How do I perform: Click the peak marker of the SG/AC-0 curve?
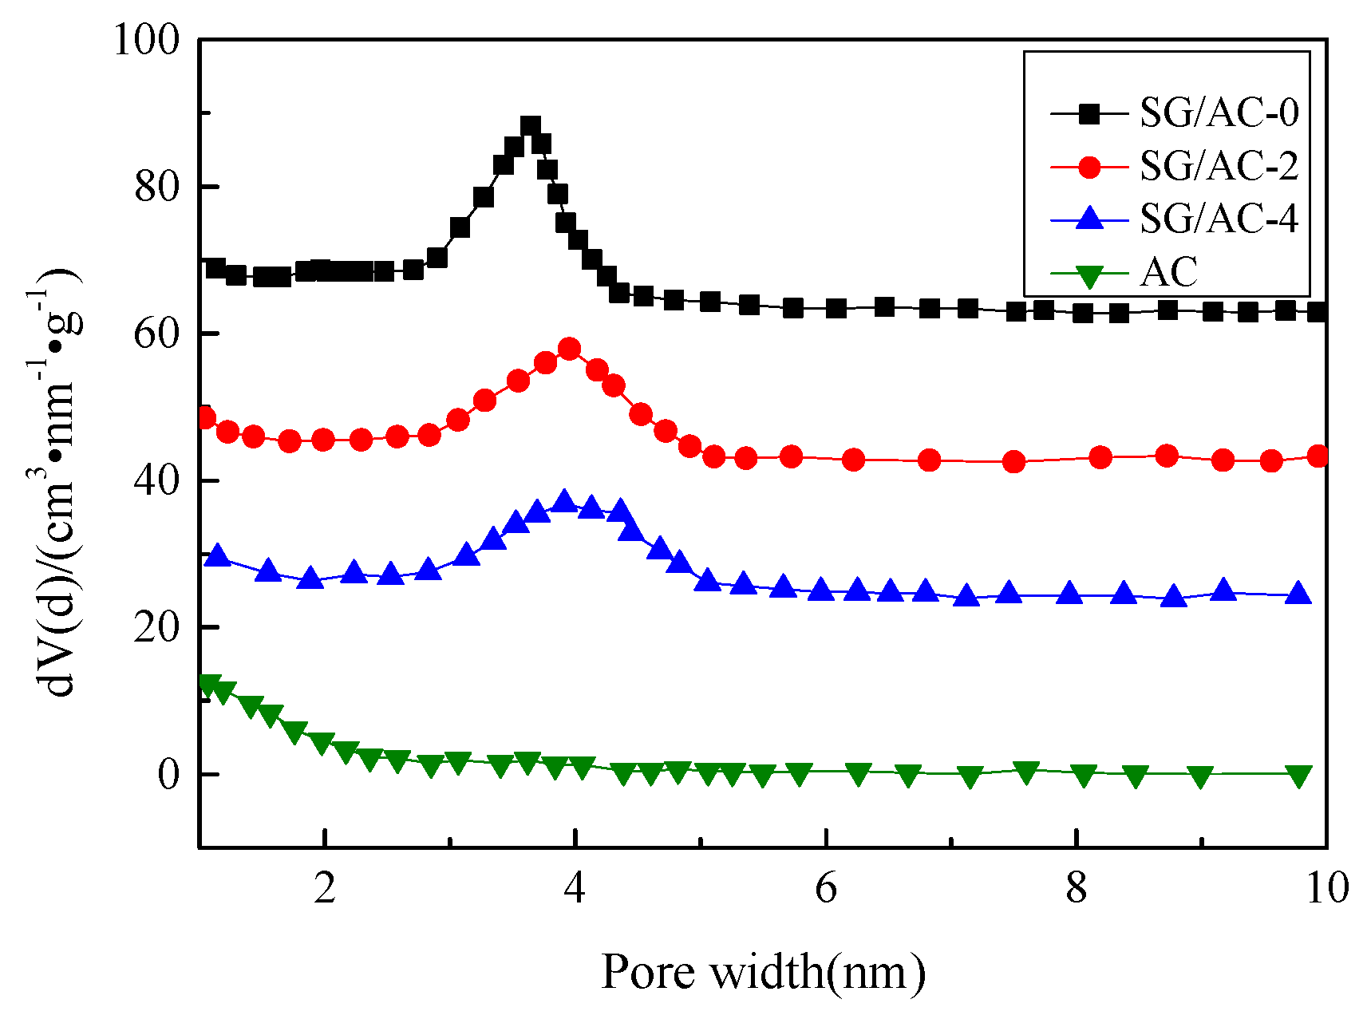coord(531,126)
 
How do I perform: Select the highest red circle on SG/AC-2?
coord(569,349)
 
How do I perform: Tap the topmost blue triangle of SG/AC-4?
coord(565,501)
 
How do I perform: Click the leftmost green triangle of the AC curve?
coord(208,685)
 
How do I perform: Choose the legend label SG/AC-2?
coord(1219,166)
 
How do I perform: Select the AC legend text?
coord(1169,272)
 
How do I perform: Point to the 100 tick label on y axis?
coord(147,40)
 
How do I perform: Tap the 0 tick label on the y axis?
coord(168,775)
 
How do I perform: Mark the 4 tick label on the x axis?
coord(575,888)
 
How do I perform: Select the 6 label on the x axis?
coord(826,888)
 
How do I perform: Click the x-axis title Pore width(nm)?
coord(763,972)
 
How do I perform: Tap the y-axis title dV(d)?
coord(60,487)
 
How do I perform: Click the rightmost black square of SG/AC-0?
coord(1318,312)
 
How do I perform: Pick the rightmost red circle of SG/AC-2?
coord(1318,456)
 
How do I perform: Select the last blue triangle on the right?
coord(1299,594)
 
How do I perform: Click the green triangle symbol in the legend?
coord(1089,276)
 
